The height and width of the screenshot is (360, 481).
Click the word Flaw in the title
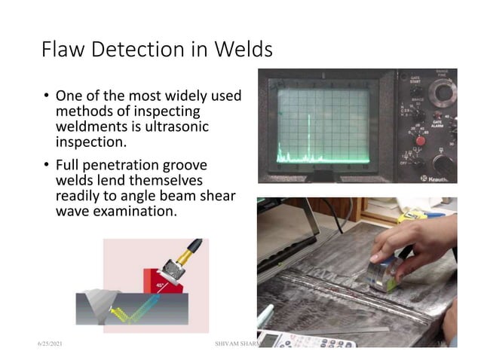point(62,50)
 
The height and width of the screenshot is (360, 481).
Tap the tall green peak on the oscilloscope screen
point(308,136)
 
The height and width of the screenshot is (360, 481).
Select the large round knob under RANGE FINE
point(443,93)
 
